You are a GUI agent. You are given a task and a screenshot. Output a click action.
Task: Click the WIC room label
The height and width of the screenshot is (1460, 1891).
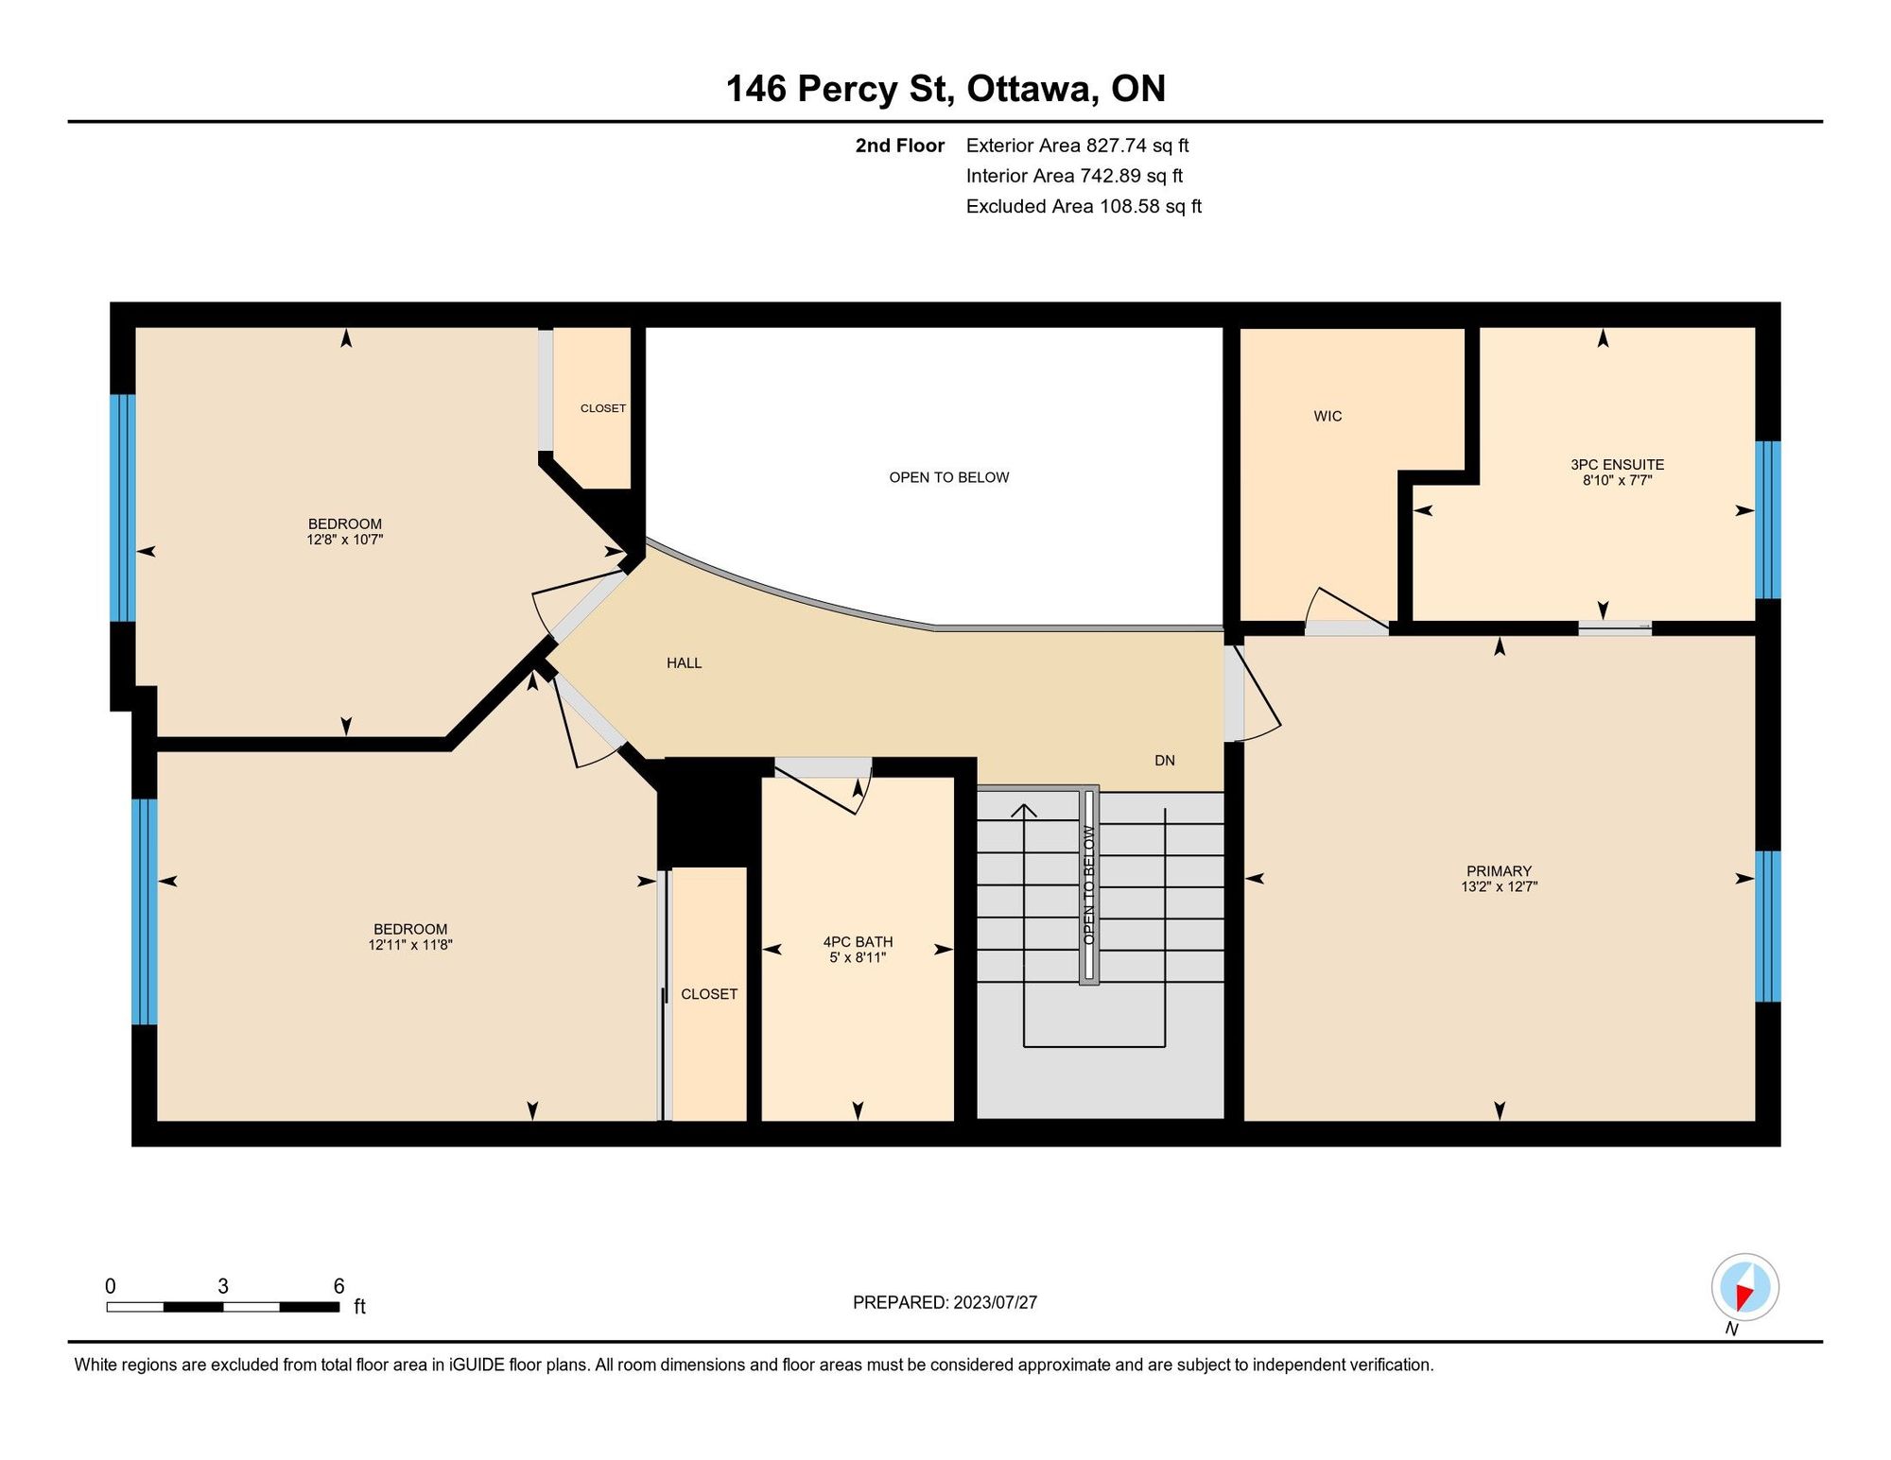point(1327,416)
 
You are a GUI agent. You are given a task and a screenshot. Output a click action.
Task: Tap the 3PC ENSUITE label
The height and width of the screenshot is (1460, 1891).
point(1617,464)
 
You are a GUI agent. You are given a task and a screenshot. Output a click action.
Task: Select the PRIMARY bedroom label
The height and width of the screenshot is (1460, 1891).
point(1499,870)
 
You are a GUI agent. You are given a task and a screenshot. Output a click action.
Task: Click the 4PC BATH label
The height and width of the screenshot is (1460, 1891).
point(858,941)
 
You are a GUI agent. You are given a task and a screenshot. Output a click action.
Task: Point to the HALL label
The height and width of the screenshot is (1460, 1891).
point(684,662)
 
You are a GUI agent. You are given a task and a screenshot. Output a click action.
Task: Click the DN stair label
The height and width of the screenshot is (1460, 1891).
point(1164,760)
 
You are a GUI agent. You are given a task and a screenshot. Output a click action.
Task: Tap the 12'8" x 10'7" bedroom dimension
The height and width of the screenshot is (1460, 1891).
point(344,540)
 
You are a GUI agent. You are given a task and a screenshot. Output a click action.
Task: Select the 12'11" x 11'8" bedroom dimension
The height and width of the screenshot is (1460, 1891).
point(410,944)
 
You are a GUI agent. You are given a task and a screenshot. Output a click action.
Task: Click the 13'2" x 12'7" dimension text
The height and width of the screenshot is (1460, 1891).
point(1499,886)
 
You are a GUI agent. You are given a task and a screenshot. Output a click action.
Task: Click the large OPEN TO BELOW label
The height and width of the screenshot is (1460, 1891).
point(948,477)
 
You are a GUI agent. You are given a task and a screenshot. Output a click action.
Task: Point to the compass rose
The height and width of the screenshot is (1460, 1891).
point(1744,1287)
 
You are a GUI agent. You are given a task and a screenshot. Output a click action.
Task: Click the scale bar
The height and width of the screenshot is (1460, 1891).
point(222,1307)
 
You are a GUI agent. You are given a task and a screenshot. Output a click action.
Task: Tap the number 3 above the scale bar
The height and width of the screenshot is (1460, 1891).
point(223,1286)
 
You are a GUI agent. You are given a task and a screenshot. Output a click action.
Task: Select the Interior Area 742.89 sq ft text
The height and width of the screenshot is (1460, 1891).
point(1074,176)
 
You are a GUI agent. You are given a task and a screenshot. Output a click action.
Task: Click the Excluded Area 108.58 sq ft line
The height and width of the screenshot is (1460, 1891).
point(1084,206)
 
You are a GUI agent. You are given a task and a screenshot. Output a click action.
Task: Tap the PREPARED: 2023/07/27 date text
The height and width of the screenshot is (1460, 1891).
point(945,1302)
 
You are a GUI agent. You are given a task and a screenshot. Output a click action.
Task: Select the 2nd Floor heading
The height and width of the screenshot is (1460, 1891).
point(899,146)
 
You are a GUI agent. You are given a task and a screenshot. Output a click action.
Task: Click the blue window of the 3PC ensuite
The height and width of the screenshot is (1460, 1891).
point(1767,520)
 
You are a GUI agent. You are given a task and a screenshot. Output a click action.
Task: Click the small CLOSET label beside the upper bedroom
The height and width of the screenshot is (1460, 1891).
point(602,408)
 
